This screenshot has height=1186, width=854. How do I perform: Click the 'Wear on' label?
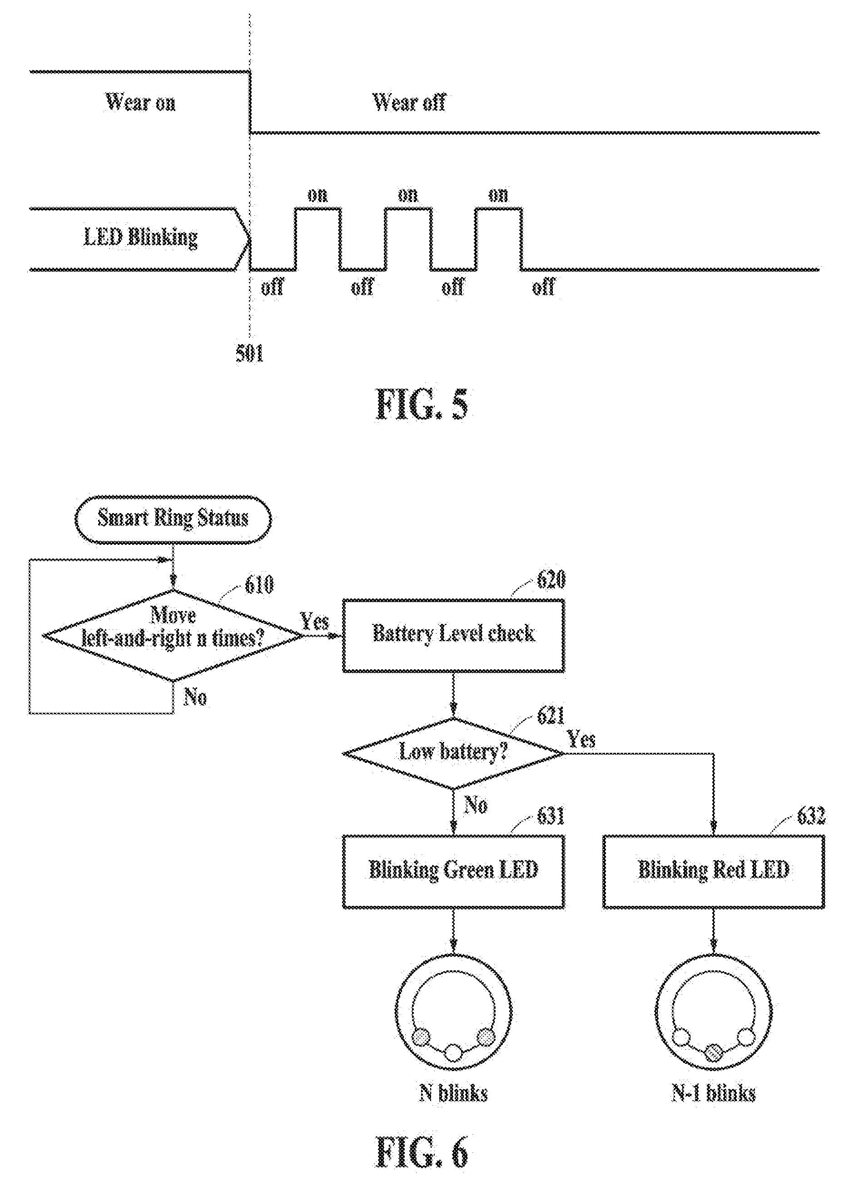coord(140,102)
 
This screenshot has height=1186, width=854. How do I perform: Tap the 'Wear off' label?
coord(409,102)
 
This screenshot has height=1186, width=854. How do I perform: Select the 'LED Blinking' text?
coord(140,238)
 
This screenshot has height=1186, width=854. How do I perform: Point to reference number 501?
coord(249,354)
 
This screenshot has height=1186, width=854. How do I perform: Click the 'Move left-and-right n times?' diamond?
coord(173,636)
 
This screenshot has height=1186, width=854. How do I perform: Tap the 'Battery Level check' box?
coord(453,635)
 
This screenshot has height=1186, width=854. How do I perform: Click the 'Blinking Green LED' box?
coord(453,872)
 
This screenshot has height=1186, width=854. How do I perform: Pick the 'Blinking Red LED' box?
coord(714,872)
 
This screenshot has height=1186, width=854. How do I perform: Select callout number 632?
coord(811,816)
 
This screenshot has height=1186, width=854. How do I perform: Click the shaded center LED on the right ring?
coord(713,1052)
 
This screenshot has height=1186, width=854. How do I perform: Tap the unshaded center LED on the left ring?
coord(453,1052)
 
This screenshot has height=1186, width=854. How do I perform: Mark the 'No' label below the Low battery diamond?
coord(476,805)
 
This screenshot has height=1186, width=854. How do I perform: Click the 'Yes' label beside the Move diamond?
coord(314,621)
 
